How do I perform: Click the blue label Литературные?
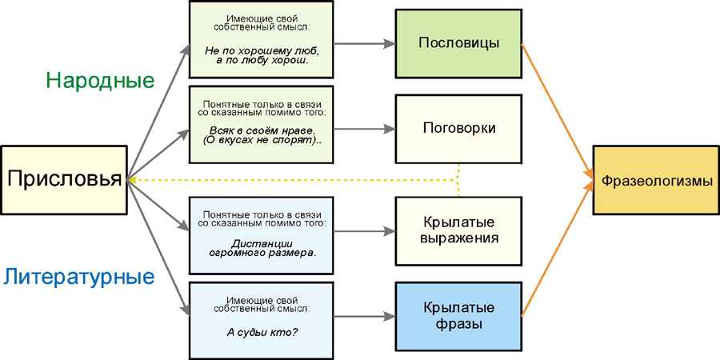[78, 278]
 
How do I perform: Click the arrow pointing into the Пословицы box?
[364, 42]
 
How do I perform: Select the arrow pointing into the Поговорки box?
[364, 128]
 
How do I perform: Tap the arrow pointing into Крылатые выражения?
[364, 231]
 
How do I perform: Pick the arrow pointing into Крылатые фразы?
[364, 316]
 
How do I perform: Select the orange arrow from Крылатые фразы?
[556, 252]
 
